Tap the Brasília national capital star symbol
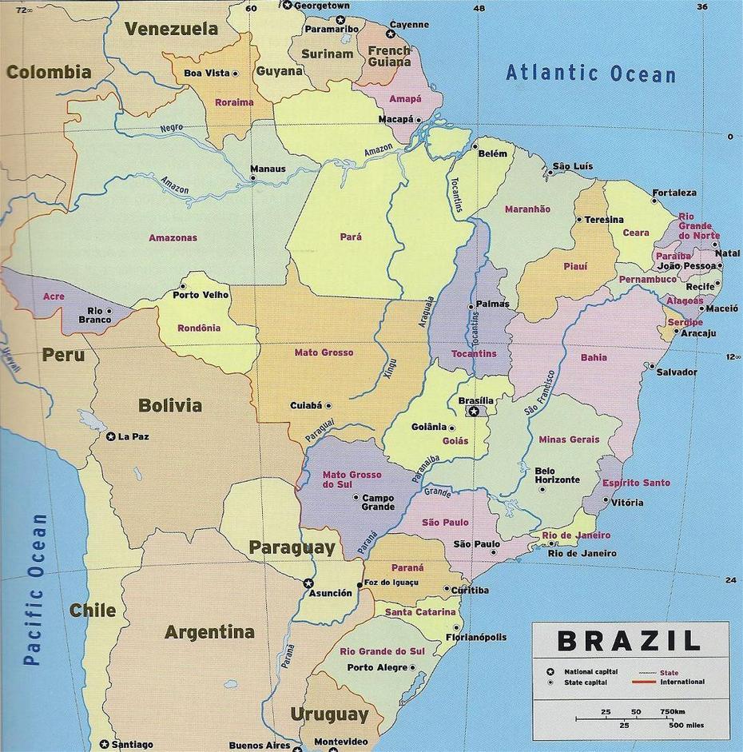click(474, 412)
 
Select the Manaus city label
click(267, 169)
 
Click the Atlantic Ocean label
click(590, 74)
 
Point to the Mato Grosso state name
click(324, 352)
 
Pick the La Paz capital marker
click(111, 436)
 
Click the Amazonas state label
click(173, 238)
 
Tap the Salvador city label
click(677, 372)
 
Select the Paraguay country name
click(291, 547)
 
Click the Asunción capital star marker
click(308, 583)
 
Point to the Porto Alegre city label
click(376, 667)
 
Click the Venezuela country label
click(171, 30)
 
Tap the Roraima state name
click(234, 102)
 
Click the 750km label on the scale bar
click(672, 711)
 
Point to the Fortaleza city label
click(673, 193)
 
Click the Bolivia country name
click(170, 405)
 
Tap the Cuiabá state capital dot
click(328, 406)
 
